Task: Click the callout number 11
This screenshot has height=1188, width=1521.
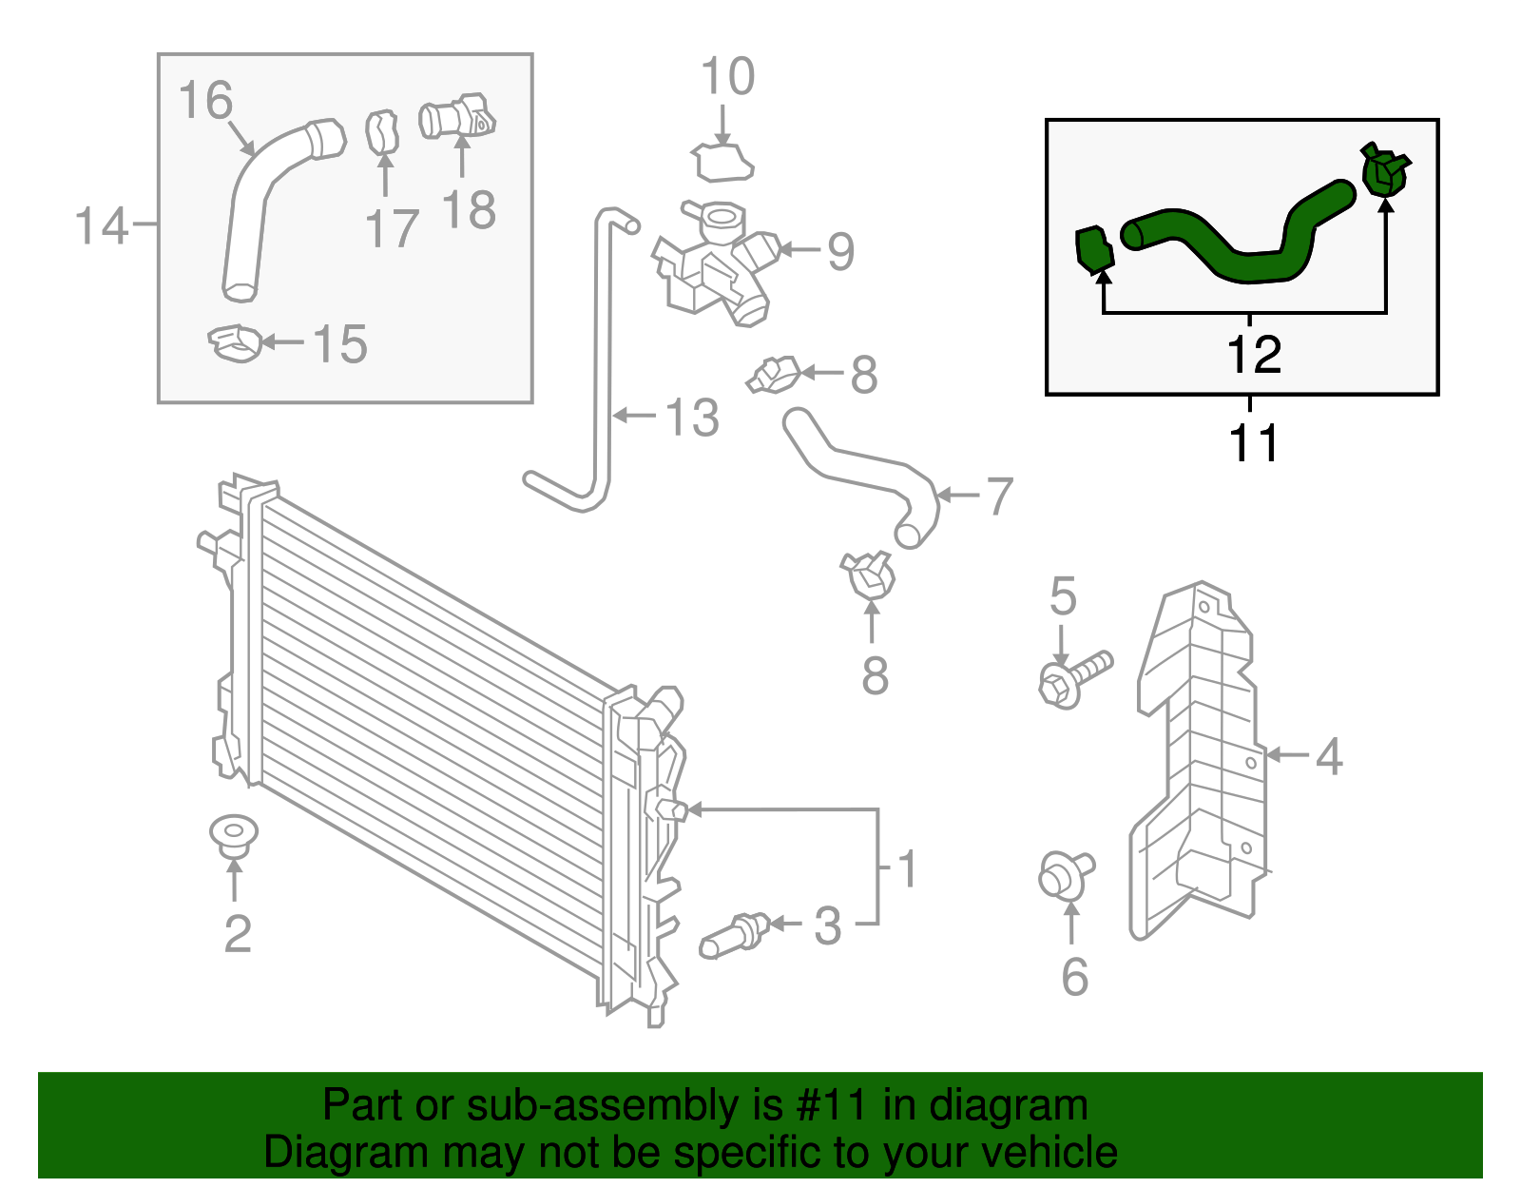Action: pos(1254,443)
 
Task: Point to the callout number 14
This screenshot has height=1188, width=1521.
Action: pos(101,226)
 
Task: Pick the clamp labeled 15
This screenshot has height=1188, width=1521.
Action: pos(235,342)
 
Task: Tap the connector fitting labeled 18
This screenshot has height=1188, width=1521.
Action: pos(456,118)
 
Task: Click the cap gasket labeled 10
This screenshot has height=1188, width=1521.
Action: pos(723,163)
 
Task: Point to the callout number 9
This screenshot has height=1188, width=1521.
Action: pos(840,251)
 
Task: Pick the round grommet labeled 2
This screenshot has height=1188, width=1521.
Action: pos(234,834)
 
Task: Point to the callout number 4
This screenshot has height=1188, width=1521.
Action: pos(1328,757)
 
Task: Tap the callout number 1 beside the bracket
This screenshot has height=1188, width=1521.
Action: pos(907,868)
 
